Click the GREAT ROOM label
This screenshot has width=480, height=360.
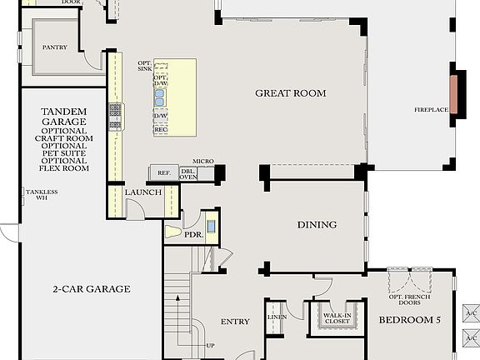[x=290, y=93]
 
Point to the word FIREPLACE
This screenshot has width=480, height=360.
[x=432, y=110]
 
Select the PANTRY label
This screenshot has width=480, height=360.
[x=55, y=47]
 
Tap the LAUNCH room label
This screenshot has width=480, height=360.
[x=142, y=192]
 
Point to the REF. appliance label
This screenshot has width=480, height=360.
[x=163, y=172]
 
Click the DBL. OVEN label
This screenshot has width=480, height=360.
[x=188, y=173]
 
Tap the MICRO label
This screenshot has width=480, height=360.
[x=203, y=161]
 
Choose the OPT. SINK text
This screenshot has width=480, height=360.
[x=145, y=66]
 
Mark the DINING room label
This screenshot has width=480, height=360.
[x=317, y=224]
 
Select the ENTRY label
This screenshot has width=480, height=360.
[x=235, y=322]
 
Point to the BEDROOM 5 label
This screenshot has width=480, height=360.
[x=409, y=320]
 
